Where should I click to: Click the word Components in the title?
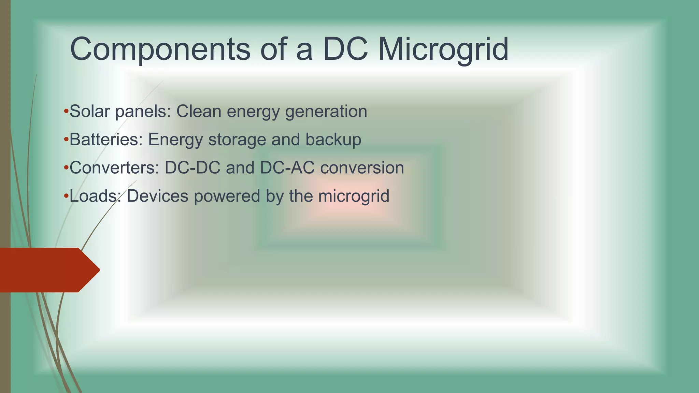pyautogui.click(x=160, y=49)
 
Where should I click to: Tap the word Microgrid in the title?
pyautogui.click(x=443, y=49)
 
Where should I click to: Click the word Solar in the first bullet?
pyautogui.click(x=89, y=112)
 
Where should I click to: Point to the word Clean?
pyautogui.click(x=199, y=112)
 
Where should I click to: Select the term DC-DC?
pyautogui.click(x=192, y=168)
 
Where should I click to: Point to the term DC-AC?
pyautogui.click(x=287, y=168)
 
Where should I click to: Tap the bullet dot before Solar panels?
pyautogui.click(x=66, y=111)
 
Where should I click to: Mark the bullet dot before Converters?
pyautogui.click(x=66, y=168)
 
